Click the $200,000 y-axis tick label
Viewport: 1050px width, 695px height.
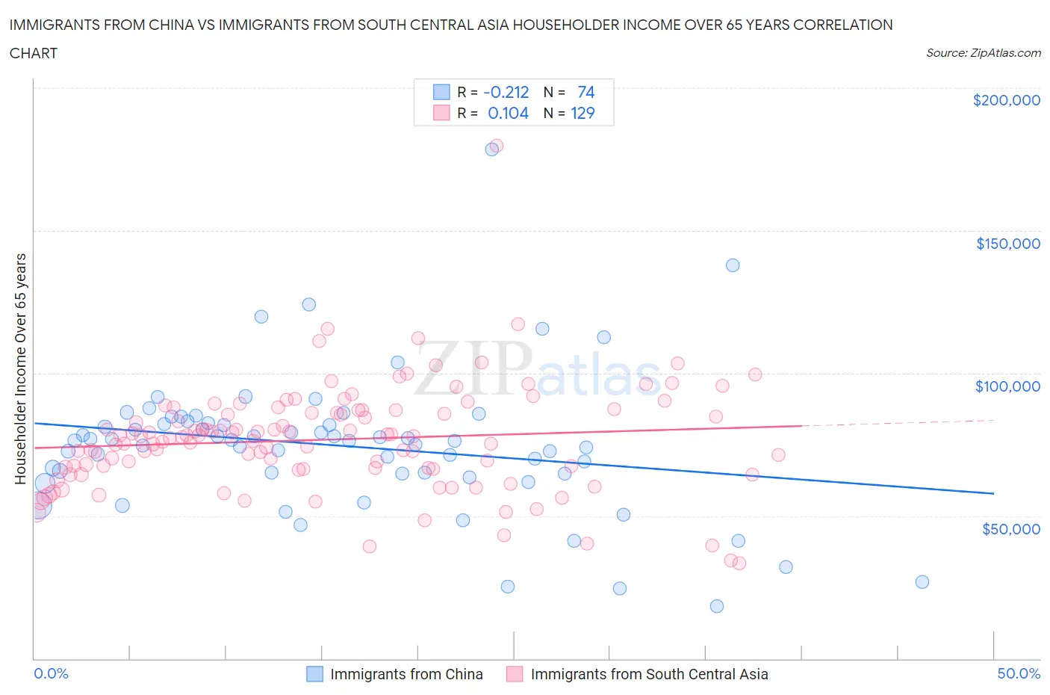(x=1006, y=100)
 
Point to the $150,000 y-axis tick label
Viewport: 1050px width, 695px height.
(x=1007, y=243)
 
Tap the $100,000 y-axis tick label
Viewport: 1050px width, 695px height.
(x=1007, y=386)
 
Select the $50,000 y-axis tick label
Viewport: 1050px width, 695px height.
(x=1010, y=528)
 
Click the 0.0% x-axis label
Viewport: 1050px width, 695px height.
(x=51, y=673)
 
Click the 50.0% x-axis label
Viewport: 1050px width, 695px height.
(x=1019, y=673)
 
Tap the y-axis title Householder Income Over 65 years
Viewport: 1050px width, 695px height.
(x=21, y=368)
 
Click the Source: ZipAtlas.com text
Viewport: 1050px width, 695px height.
(x=983, y=52)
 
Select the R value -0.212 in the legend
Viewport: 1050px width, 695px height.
(x=506, y=92)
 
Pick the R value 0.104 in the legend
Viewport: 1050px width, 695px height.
(x=508, y=113)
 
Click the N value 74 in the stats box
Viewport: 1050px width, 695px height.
(x=585, y=92)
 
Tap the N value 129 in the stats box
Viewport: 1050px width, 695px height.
(x=583, y=113)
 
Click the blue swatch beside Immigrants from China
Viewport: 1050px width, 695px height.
(x=314, y=674)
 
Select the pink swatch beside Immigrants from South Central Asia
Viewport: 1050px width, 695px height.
(x=515, y=674)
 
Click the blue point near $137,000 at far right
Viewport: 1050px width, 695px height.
(x=733, y=265)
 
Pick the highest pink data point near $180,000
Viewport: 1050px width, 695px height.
(x=497, y=146)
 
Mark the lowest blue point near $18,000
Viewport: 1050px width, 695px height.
(x=717, y=606)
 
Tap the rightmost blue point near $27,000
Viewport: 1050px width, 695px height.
(x=922, y=581)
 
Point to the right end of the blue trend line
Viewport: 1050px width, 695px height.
(x=993, y=493)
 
